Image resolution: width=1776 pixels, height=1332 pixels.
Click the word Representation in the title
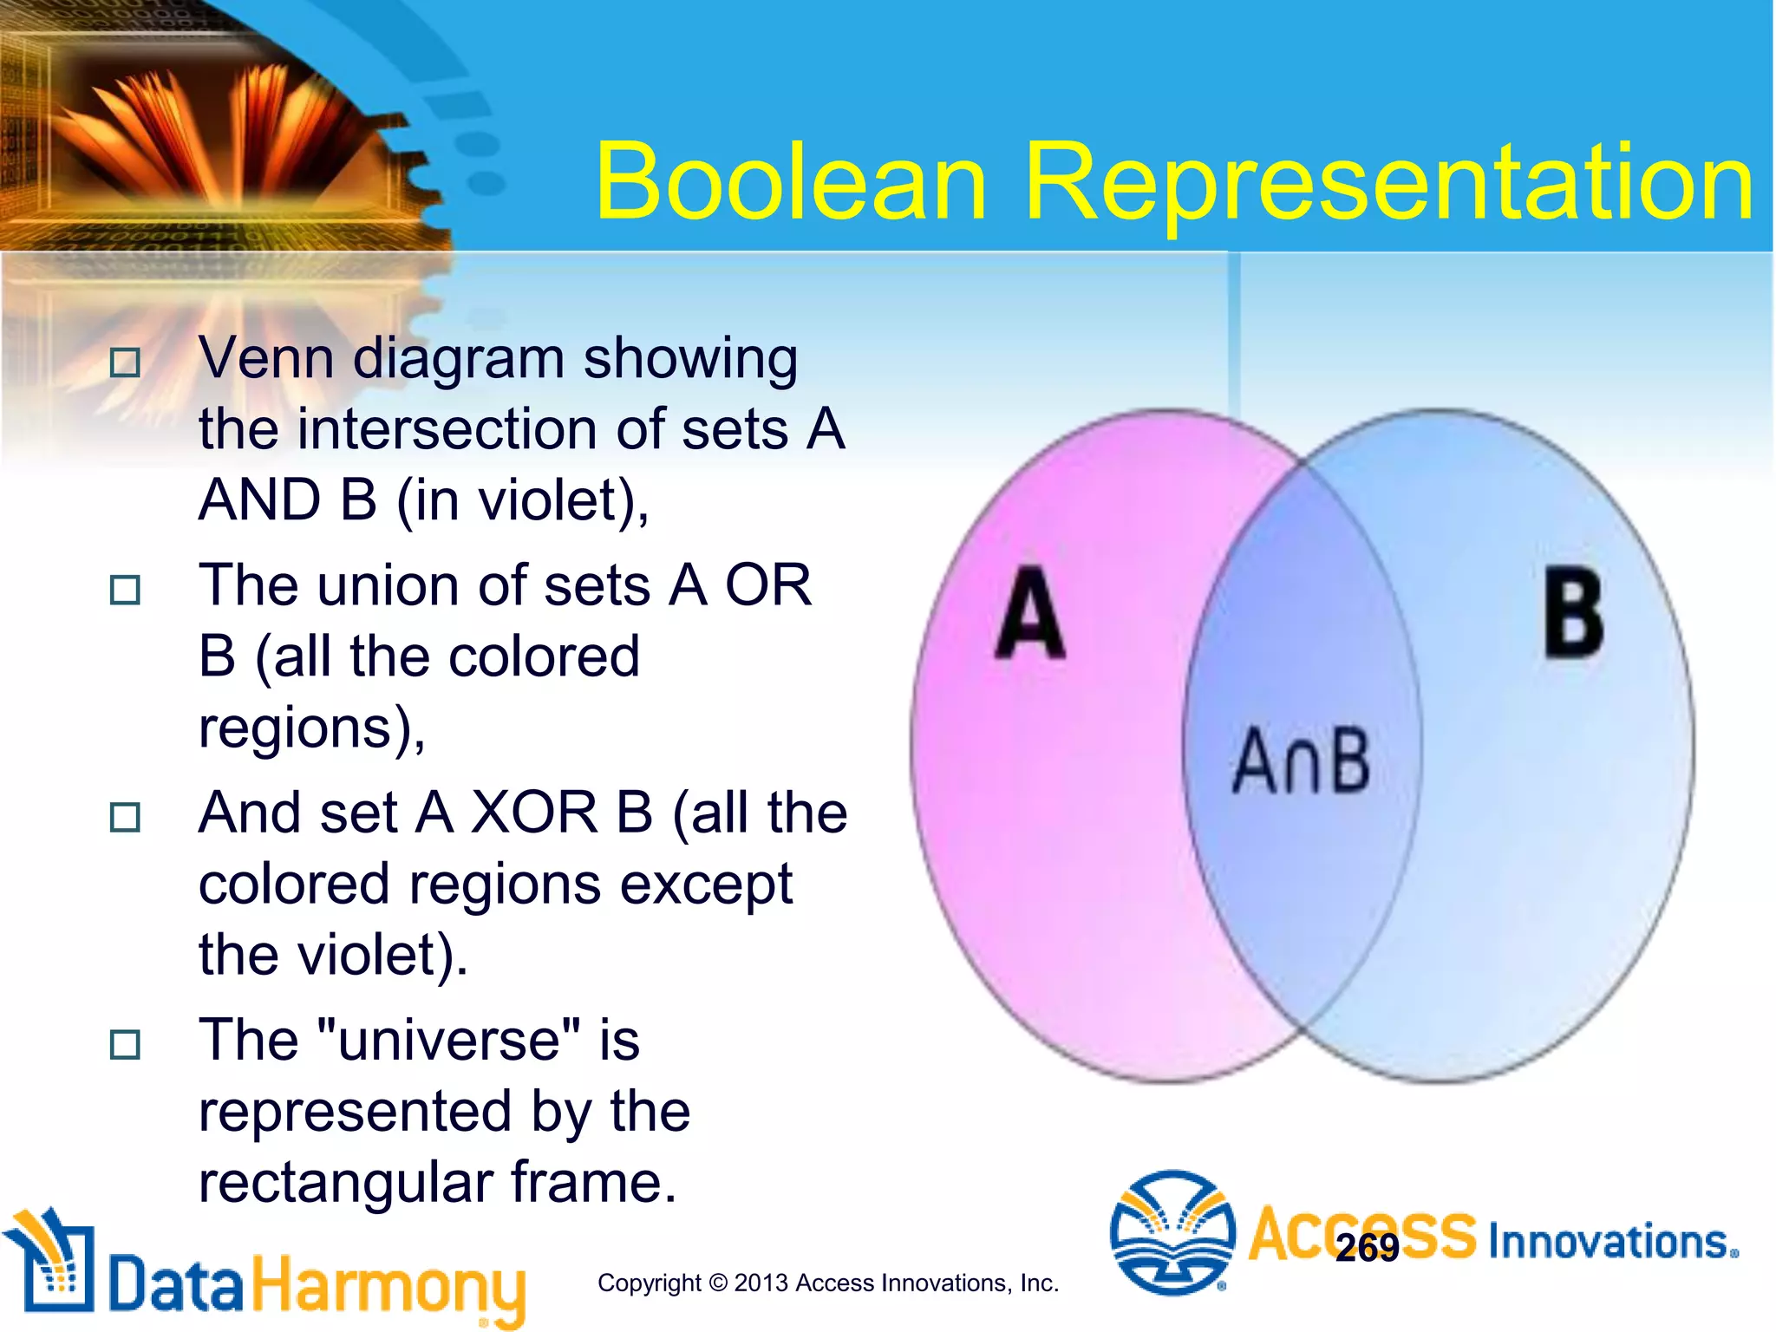[x=1389, y=184]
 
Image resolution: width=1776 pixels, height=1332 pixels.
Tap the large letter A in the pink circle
[x=1029, y=614]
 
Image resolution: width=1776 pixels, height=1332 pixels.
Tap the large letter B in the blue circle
[x=1573, y=612]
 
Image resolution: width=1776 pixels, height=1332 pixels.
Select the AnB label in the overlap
[x=1301, y=761]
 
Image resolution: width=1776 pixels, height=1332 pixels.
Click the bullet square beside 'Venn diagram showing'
[x=125, y=362]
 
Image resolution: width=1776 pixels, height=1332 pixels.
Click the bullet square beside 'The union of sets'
[x=125, y=591]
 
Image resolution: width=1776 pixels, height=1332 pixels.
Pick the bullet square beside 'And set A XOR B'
[x=125, y=817]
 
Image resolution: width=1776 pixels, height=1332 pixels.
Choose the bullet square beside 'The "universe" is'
[x=125, y=1044]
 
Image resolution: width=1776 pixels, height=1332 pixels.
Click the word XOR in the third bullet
[x=534, y=813]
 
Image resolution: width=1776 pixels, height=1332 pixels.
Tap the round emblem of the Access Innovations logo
[x=1172, y=1231]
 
